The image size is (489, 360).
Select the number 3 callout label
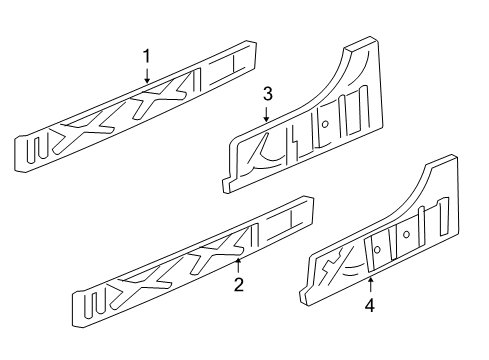tap(267, 94)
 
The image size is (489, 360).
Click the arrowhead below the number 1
tap(146, 79)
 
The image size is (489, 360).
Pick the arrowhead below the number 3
tap(267, 121)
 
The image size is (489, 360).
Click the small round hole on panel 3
tap(326, 124)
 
